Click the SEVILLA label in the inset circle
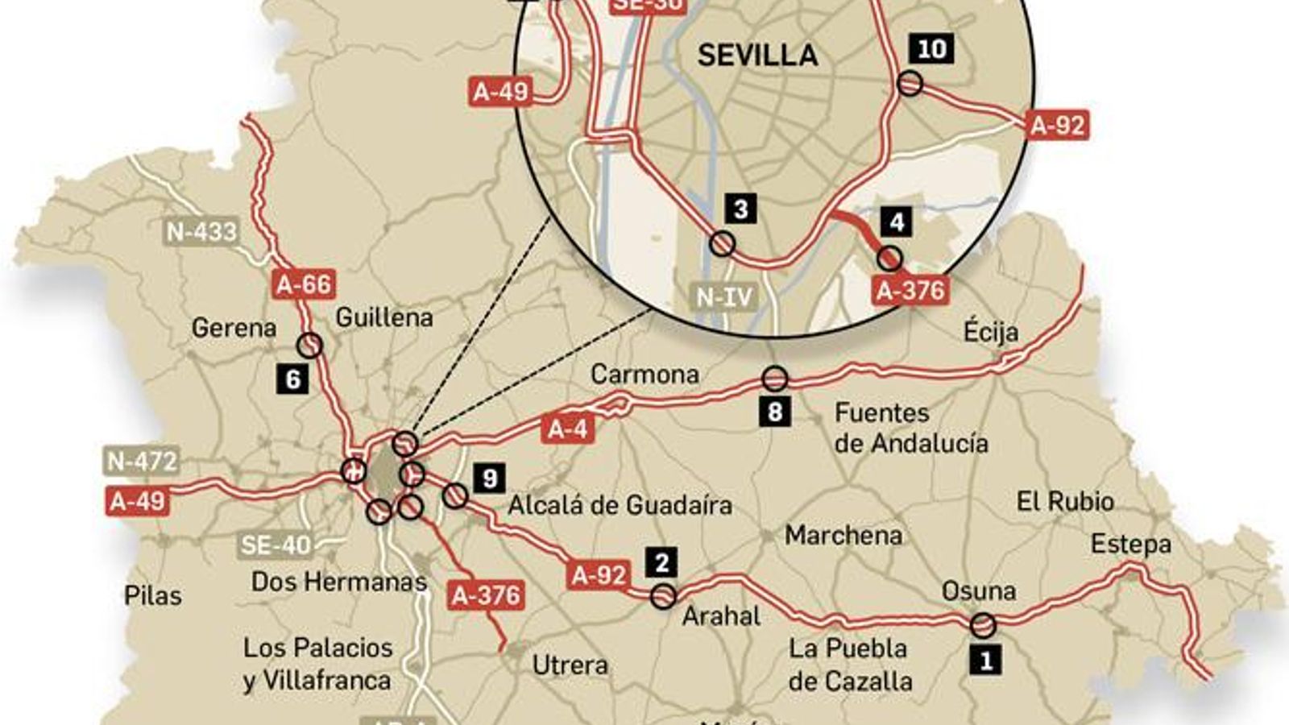click(x=757, y=55)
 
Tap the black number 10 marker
click(x=931, y=49)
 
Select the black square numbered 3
click(x=740, y=209)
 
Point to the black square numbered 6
click(x=293, y=379)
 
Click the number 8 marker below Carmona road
click(x=774, y=412)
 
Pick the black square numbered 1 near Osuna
click(x=985, y=661)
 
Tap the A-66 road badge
click(x=305, y=284)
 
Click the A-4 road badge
click(x=569, y=429)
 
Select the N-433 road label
click(x=201, y=232)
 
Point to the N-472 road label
click(x=142, y=462)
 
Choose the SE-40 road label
click(x=276, y=545)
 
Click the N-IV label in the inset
click(x=724, y=297)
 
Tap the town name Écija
click(x=990, y=332)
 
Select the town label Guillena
click(x=383, y=317)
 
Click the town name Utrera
click(x=570, y=665)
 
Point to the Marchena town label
click(x=843, y=535)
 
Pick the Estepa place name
click(x=1130, y=545)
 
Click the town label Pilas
click(x=153, y=596)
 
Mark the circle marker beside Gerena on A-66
click(x=309, y=346)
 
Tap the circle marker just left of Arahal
click(x=663, y=596)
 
